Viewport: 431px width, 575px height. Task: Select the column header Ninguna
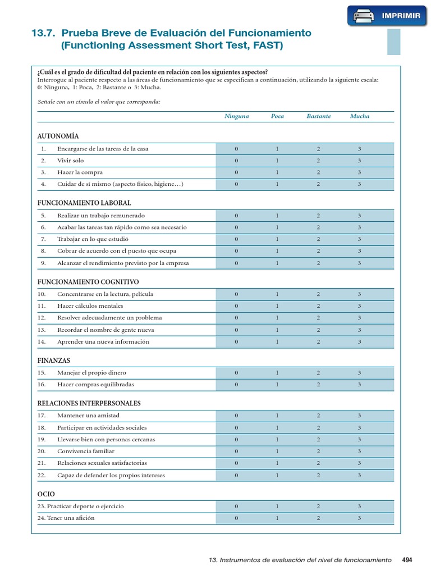pyautogui.click(x=236, y=116)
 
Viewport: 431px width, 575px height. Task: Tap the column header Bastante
pyautogui.click(x=318, y=116)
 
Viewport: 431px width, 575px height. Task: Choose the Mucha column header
pyautogui.click(x=360, y=116)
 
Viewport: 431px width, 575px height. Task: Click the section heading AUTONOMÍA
pyautogui.click(x=58, y=136)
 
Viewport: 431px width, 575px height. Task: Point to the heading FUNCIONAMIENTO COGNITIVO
pyautogui.click(x=88, y=281)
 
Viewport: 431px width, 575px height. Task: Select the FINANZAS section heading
pyautogui.click(x=54, y=360)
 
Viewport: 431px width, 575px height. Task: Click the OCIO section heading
pyautogui.click(x=46, y=494)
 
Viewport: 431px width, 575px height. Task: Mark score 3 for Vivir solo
pyautogui.click(x=360, y=161)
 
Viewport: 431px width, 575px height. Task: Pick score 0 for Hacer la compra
pyautogui.click(x=236, y=172)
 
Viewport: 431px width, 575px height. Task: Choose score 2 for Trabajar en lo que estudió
pyautogui.click(x=318, y=239)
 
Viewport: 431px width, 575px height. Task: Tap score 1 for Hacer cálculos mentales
pyautogui.click(x=277, y=306)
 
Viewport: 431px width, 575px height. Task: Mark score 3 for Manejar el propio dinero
pyautogui.click(x=360, y=373)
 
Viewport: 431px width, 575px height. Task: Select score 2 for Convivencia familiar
pyautogui.click(x=318, y=451)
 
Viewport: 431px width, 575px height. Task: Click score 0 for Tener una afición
pyautogui.click(x=236, y=518)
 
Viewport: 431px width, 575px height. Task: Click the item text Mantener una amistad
pyautogui.click(x=88, y=416)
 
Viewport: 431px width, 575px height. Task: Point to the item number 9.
pyautogui.click(x=43, y=263)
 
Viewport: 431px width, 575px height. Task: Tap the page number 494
pyautogui.click(x=407, y=560)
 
